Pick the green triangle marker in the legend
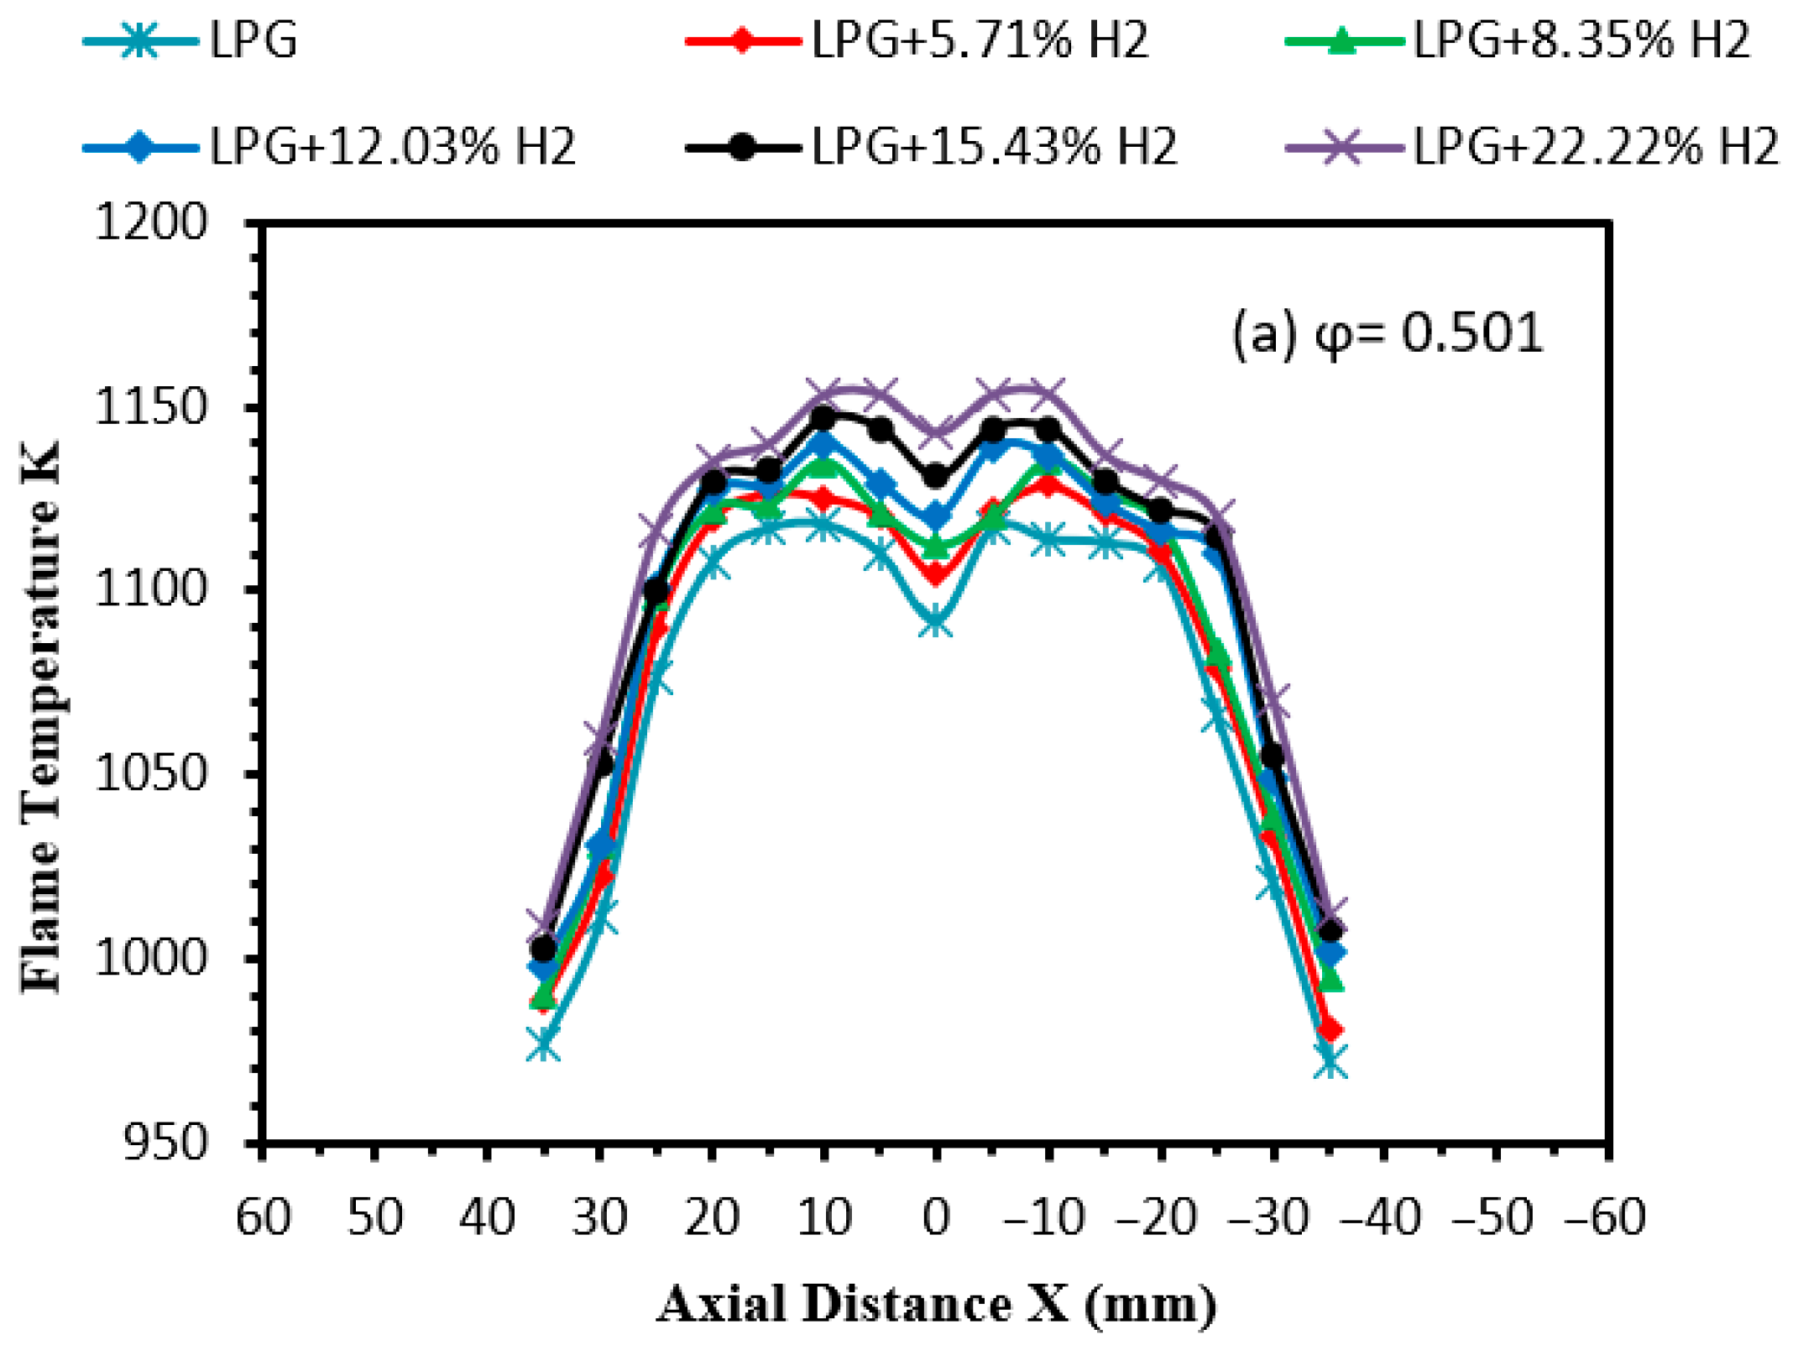[1342, 40]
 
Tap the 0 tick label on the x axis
[936, 1217]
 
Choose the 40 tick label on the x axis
[487, 1217]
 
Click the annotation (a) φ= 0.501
[1387, 333]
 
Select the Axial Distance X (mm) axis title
[936, 1305]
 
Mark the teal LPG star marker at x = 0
[936, 624]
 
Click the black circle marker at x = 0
[936, 477]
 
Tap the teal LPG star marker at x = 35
[543, 1046]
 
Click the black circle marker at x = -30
[1273, 756]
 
